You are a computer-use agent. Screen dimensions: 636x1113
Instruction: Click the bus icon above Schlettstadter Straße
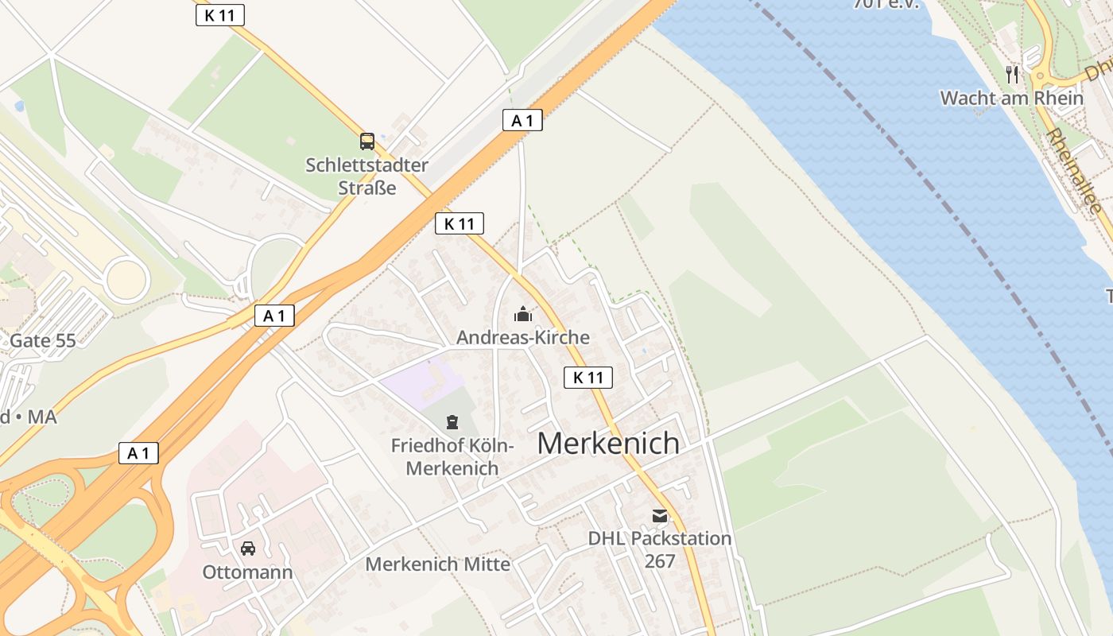coord(366,142)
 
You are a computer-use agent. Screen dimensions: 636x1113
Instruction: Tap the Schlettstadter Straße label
coord(367,176)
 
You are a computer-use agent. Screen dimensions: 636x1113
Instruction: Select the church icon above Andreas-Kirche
coord(522,315)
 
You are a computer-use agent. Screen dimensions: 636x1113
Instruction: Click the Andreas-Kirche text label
coord(523,337)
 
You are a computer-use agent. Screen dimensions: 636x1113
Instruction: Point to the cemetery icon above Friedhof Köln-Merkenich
coord(452,421)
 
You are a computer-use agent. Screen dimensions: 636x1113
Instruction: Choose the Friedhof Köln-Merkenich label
coord(452,457)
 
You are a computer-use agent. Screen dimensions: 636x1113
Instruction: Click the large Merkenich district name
coord(608,443)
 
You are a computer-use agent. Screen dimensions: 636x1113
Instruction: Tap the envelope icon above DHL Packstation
coord(660,516)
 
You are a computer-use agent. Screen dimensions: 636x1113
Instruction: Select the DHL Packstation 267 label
coord(660,549)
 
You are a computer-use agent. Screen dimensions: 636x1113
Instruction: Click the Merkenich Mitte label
coord(437,564)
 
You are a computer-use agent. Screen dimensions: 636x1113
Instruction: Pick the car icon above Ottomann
coord(248,548)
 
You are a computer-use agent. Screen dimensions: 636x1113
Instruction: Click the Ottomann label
coord(247,572)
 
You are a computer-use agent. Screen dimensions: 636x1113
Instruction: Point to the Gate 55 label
coord(43,341)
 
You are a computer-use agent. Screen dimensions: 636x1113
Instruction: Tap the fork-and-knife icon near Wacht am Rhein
coord(1012,75)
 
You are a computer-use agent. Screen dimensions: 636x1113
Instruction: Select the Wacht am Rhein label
coord(1011,98)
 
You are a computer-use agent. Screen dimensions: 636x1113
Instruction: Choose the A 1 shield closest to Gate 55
coord(274,316)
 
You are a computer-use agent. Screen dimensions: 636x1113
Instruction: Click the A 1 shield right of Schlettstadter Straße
coord(522,121)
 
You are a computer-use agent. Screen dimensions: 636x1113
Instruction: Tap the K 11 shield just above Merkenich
coord(588,378)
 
